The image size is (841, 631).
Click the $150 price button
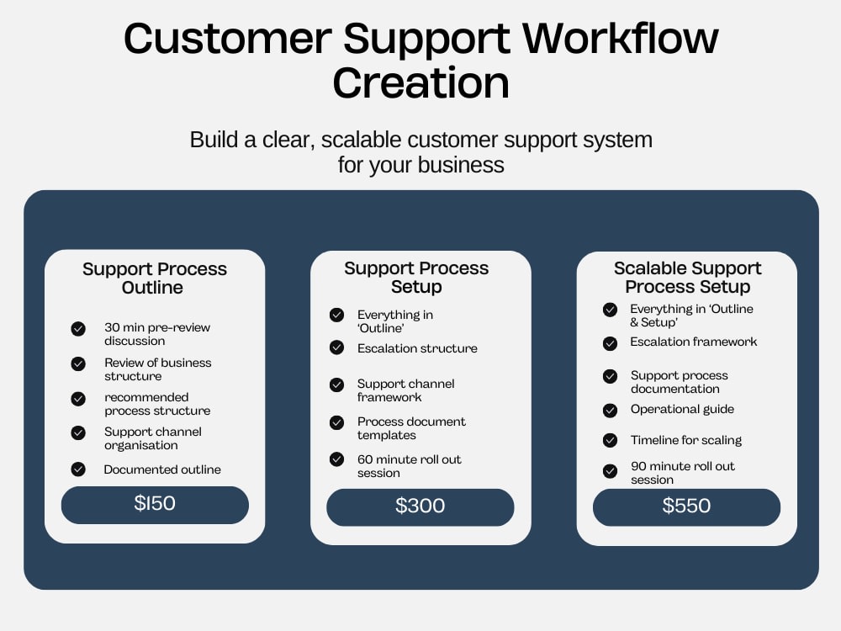[x=155, y=505]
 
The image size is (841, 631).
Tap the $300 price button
[x=420, y=507]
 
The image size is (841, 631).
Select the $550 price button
[x=686, y=507]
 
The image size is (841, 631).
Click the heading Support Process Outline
[x=155, y=278]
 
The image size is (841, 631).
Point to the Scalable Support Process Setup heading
[x=688, y=277]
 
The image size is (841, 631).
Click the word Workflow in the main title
[x=620, y=39]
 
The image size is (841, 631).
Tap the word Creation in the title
[x=421, y=83]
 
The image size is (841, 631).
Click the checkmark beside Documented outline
[x=78, y=469]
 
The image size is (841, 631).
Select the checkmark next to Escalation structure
[x=337, y=347]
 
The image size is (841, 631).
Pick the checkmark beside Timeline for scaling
[x=610, y=440]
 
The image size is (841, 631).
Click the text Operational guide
[x=682, y=409]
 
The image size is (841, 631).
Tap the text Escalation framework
[x=694, y=342]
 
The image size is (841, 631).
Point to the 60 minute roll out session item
[x=410, y=466]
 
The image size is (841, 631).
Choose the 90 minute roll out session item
[x=683, y=473]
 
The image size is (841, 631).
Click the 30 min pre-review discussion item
[x=157, y=334]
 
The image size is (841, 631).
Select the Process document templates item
[x=411, y=428]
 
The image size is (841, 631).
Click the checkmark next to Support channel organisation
[x=78, y=433]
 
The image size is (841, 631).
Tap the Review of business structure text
[x=158, y=369]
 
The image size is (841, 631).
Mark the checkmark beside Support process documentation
[x=610, y=376]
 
